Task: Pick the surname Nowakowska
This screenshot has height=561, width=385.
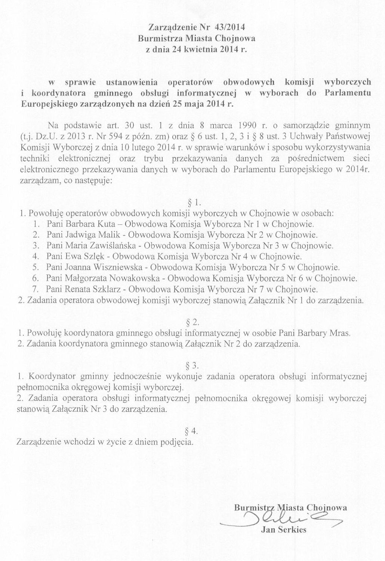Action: (x=133, y=279)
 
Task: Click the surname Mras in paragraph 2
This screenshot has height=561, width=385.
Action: (x=342, y=333)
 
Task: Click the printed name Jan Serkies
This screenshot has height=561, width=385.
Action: (x=285, y=530)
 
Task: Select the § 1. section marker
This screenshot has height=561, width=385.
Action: (x=194, y=203)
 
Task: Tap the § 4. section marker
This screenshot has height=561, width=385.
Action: (x=191, y=431)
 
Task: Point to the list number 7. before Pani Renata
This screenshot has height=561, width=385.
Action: (x=36, y=289)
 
